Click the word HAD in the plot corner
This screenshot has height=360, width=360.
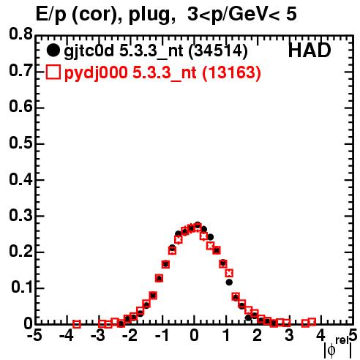click(x=310, y=50)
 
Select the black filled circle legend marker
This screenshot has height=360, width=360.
click(x=53, y=50)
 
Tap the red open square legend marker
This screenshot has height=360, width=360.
click(x=53, y=72)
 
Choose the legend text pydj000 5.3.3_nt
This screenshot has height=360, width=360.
click(x=130, y=73)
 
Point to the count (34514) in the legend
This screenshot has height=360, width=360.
click(x=218, y=51)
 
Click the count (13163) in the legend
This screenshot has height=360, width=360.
click(x=231, y=72)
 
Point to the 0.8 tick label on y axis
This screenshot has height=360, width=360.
click(x=21, y=34)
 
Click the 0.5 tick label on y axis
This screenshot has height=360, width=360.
click(x=21, y=143)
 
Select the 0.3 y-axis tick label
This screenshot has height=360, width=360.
click(x=21, y=215)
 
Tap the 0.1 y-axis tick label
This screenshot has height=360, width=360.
click(x=22, y=288)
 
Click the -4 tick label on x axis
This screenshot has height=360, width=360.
click(x=67, y=335)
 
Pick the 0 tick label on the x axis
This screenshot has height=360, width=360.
click(x=194, y=335)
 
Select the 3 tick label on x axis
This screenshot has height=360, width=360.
click(x=289, y=335)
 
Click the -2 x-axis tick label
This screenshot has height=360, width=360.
click(x=130, y=335)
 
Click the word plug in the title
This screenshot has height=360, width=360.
click(x=149, y=15)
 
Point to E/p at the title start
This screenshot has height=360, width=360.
click(x=51, y=15)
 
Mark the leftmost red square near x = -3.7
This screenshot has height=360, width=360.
click(x=77, y=324)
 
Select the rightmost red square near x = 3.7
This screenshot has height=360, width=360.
click(x=312, y=322)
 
